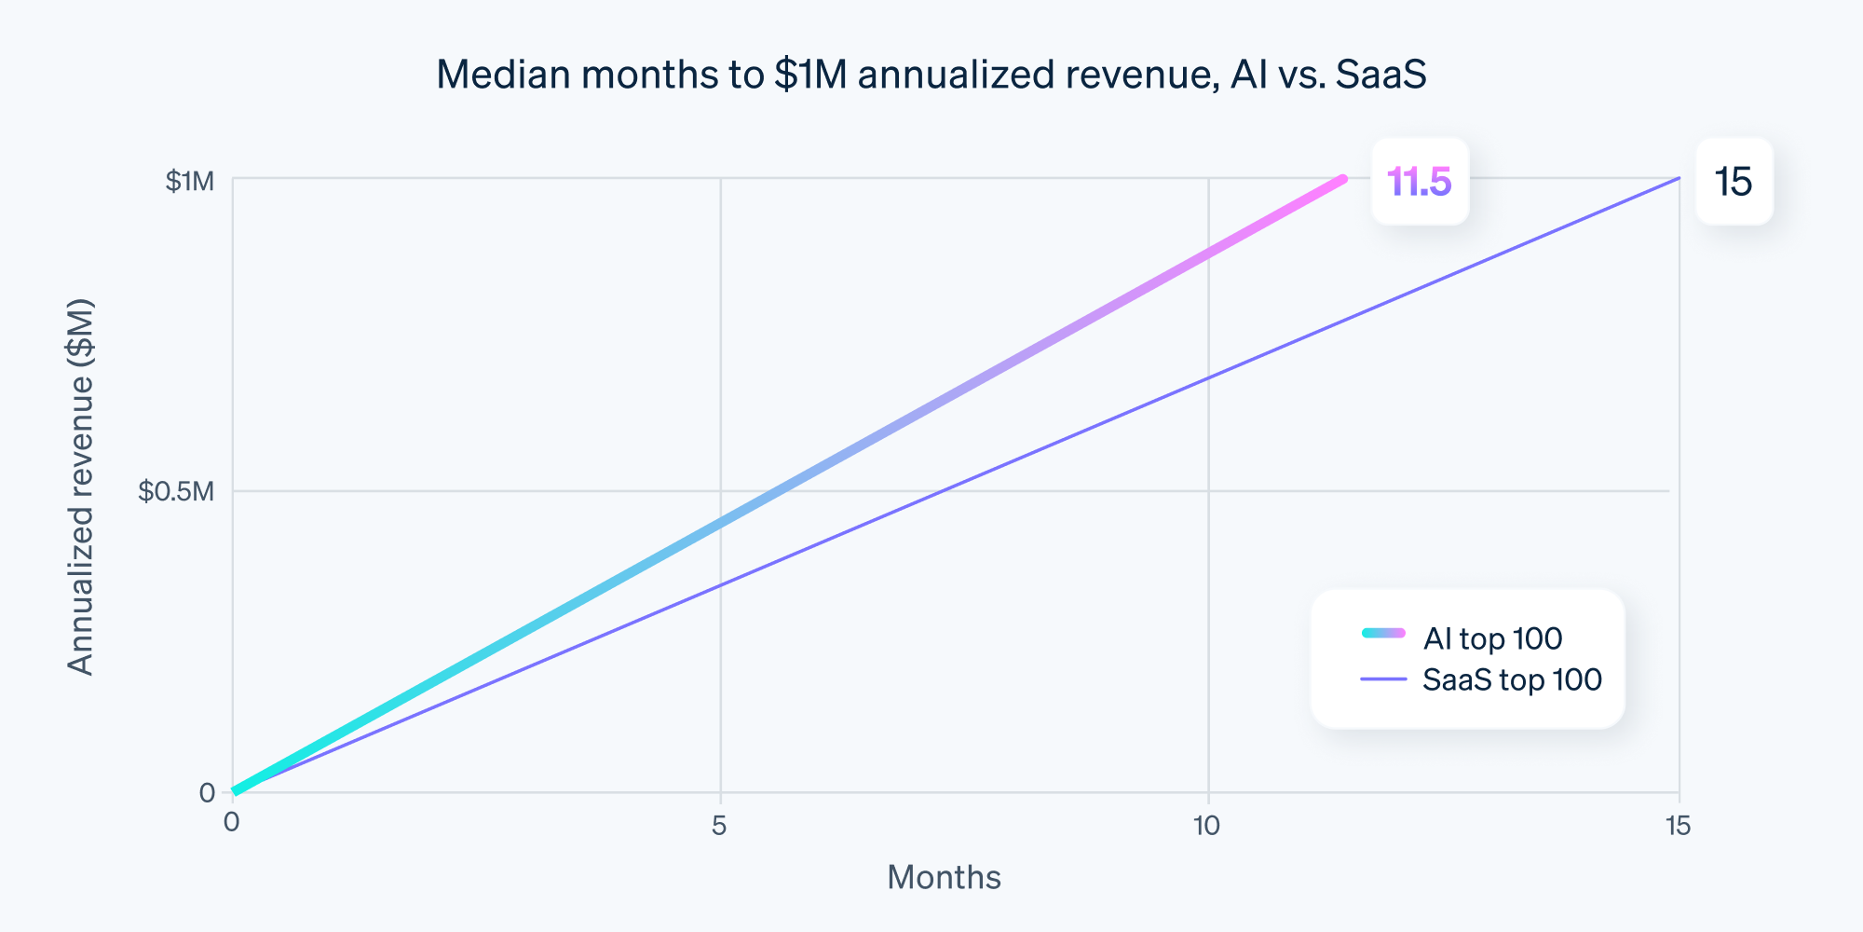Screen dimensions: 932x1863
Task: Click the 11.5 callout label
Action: [x=1419, y=182]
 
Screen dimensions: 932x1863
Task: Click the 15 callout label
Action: [x=1734, y=182]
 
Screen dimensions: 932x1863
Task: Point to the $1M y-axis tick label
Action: [x=189, y=181]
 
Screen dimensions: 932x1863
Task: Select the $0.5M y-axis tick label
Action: [x=176, y=491]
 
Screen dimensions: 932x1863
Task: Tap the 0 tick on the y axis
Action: [x=207, y=793]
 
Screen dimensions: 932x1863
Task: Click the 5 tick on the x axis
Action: [x=719, y=826]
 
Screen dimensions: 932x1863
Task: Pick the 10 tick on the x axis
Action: [x=1206, y=826]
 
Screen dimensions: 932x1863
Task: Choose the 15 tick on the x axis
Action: [x=1679, y=826]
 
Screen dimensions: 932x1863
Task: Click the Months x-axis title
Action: [x=944, y=877]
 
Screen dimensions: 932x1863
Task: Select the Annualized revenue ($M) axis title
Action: [x=82, y=487]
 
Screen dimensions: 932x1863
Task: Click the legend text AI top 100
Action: [x=1492, y=638]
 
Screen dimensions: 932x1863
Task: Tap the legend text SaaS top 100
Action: [x=1512, y=679]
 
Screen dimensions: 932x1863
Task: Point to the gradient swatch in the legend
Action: [x=1383, y=634]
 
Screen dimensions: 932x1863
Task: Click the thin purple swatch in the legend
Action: [x=1383, y=679]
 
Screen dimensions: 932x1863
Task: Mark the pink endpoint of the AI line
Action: [x=1342, y=179]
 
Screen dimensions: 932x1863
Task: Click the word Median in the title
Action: [x=503, y=75]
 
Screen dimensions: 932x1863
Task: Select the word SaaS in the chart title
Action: [x=1380, y=75]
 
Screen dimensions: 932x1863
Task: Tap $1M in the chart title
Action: [x=810, y=75]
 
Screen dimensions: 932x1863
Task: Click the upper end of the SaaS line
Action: [x=1679, y=178]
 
